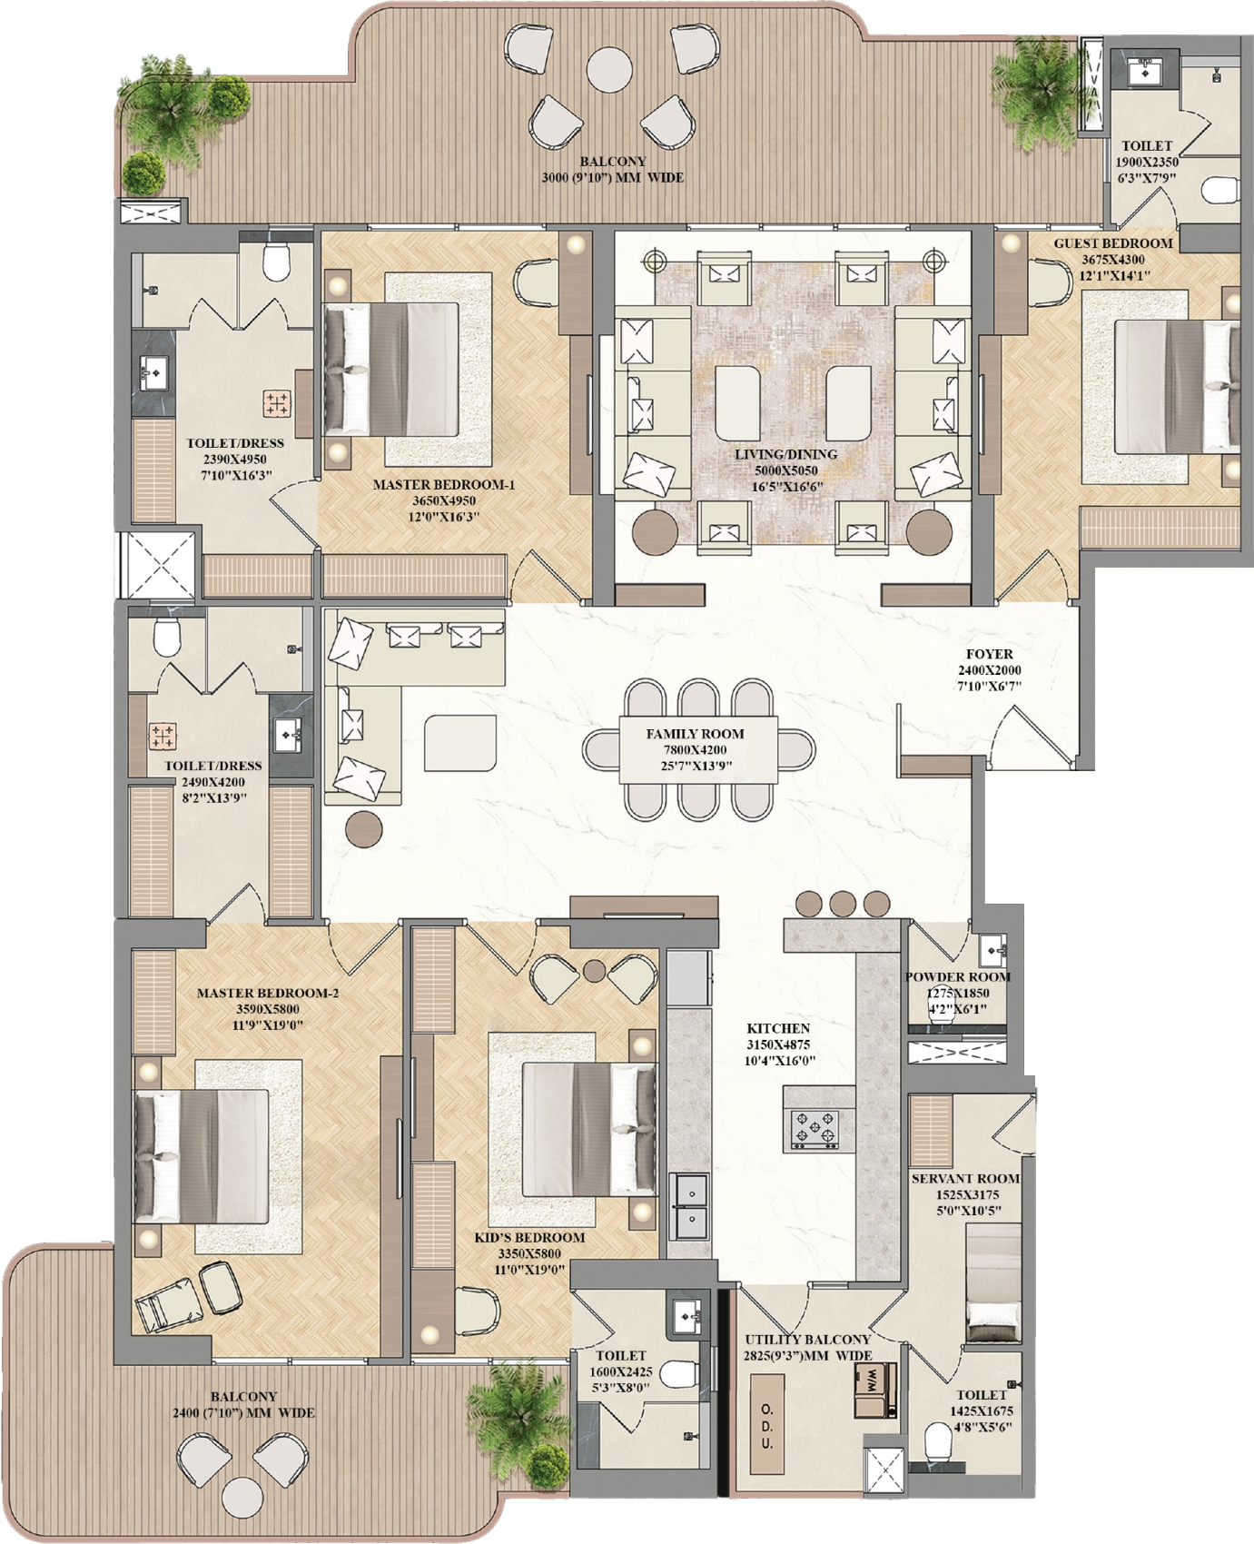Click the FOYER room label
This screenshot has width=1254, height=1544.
pyautogui.click(x=989, y=654)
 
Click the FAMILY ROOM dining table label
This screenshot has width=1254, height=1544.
pyautogui.click(x=695, y=734)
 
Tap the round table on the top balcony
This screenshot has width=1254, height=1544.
pyautogui.click(x=609, y=68)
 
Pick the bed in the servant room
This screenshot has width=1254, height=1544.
pyautogui.click(x=993, y=1282)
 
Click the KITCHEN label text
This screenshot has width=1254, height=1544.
pyautogui.click(x=778, y=1028)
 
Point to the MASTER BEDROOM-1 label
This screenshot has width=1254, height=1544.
pyautogui.click(x=444, y=485)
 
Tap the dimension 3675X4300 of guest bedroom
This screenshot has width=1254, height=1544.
pyautogui.click(x=1113, y=260)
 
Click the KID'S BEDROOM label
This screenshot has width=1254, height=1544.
pyautogui.click(x=529, y=1238)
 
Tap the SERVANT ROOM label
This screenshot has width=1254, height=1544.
pyautogui.click(x=965, y=1179)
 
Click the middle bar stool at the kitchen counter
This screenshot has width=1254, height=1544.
pyautogui.click(x=843, y=904)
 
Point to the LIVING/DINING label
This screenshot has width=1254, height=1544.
pyautogui.click(x=786, y=454)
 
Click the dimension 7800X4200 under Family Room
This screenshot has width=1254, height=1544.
pyautogui.click(x=695, y=750)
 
